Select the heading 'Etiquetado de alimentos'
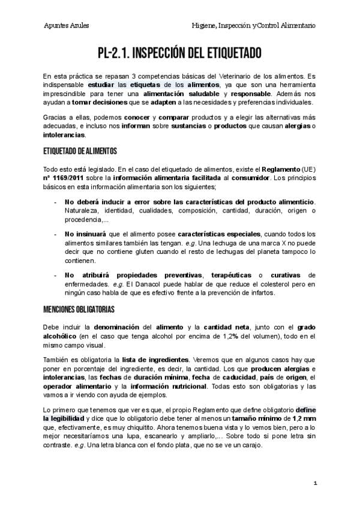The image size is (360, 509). point(80,151)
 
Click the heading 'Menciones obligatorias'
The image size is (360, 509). point(79,309)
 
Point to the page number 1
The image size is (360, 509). point(314,483)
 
